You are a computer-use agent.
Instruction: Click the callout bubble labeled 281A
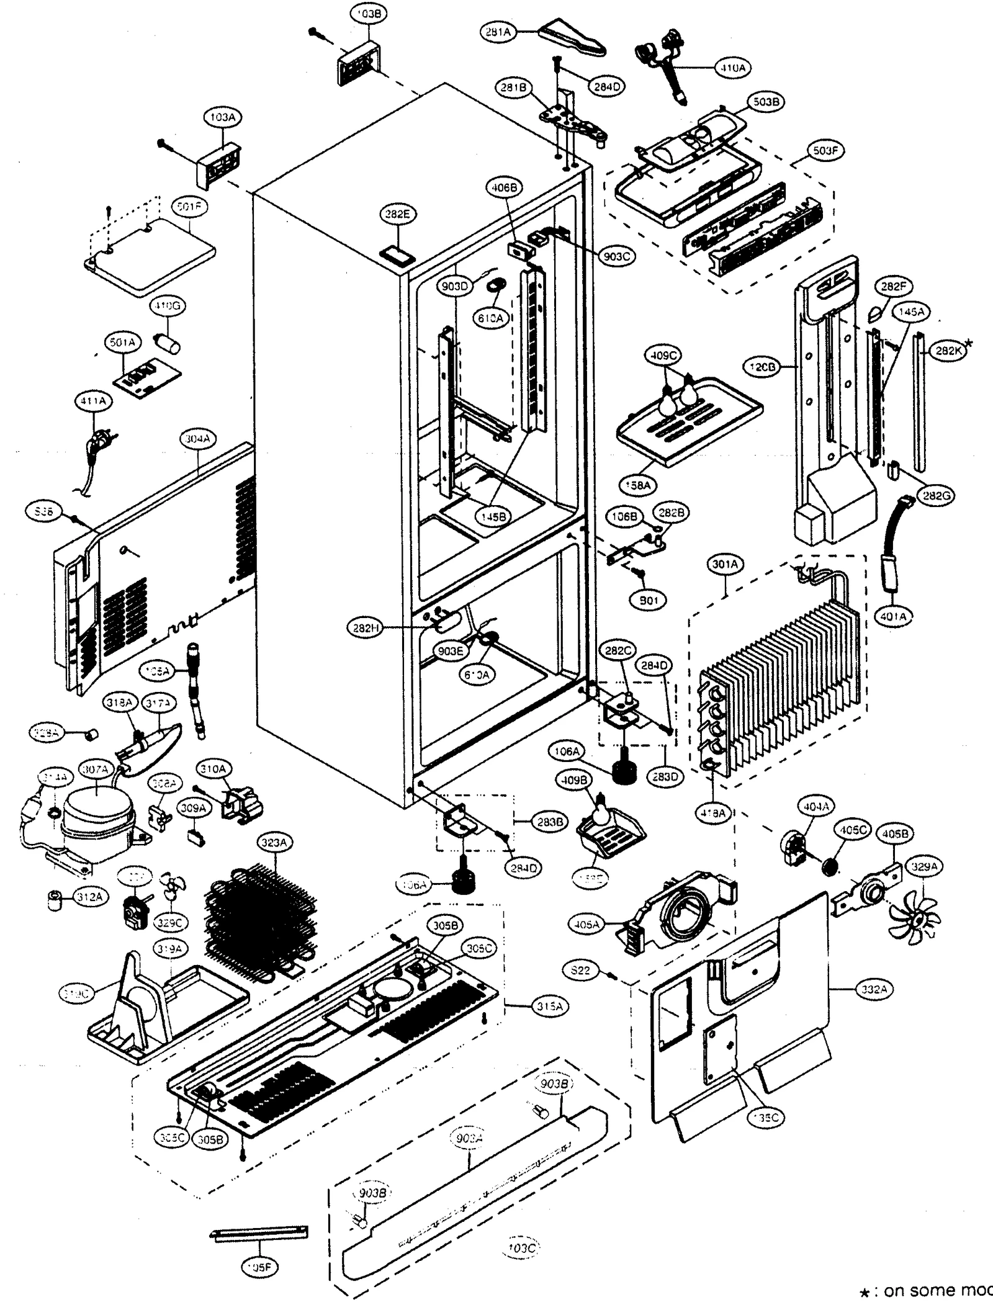tap(498, 32)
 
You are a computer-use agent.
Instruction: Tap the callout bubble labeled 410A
tap(733, 69)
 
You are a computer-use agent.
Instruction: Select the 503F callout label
tap(825, 151)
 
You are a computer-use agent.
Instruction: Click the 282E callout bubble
tap(398, 214)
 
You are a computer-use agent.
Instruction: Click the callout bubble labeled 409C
tap(663, 356)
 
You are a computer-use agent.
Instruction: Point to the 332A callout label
tap(874, 990)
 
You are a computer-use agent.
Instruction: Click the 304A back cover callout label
tap(197, 439)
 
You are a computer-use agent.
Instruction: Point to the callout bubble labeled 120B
tap(763, 367)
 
